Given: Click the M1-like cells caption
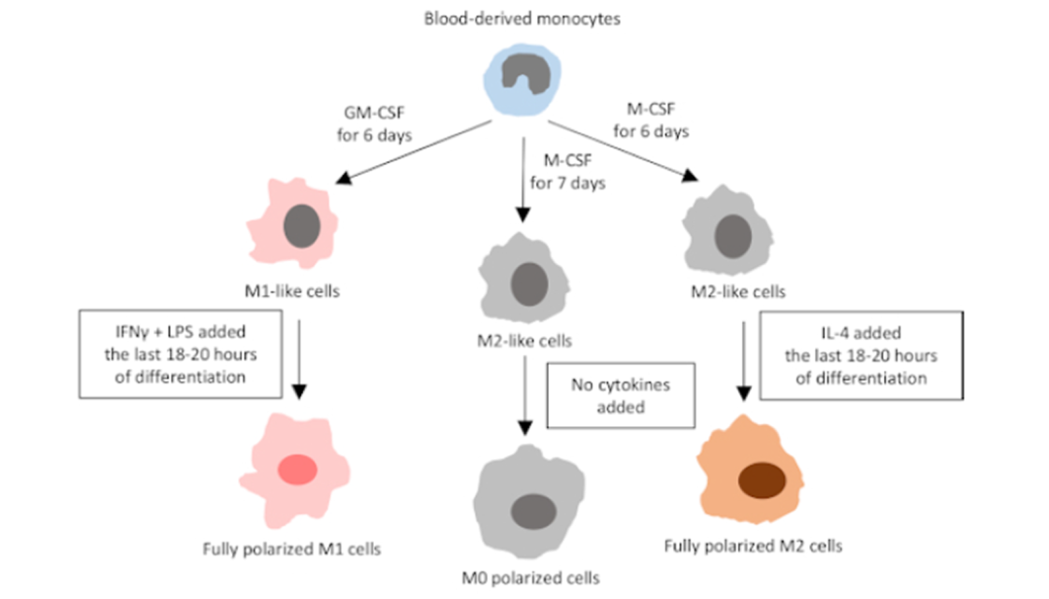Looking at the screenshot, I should point(292,289).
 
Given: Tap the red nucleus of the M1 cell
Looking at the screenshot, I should point(298,471).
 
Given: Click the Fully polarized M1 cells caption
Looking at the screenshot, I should point(291,549).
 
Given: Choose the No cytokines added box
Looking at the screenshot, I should point(622,395).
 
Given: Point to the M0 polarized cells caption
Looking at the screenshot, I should point(530,579).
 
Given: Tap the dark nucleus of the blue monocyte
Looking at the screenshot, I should point(524,73).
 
